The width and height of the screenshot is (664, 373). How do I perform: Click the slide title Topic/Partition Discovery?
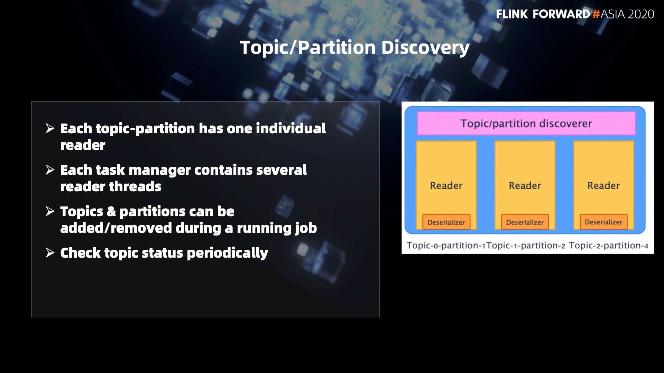coord(355,48)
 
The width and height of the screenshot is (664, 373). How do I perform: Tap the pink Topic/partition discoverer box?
coord(526,123)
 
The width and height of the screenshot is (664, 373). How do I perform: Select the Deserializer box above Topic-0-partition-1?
coord(446,222)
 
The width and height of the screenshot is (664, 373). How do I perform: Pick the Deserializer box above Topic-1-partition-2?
coord(525,222)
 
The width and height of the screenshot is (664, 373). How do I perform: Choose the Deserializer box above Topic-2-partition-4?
coord(603,222)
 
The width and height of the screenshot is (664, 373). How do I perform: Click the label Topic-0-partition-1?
coord(446,246)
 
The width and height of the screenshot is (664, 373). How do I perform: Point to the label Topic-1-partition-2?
coord(526,246)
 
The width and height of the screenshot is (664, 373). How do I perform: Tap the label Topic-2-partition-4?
coord(609,246)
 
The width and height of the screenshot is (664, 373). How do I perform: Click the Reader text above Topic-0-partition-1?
coord(446,185)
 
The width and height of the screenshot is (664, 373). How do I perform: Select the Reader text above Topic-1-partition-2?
coord(525,185)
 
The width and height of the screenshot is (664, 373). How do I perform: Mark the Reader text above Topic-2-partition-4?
coord(603,185)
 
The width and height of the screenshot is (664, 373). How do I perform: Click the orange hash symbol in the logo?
coord(596,14)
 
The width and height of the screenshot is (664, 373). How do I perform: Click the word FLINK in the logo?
coord(512,14)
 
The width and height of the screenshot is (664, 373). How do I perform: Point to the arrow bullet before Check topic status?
coord(50,253)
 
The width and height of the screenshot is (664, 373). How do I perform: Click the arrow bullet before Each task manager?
coord(50,170)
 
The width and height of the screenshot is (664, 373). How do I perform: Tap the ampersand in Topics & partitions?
coord(111,211)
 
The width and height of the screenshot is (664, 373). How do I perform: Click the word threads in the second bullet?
coord(135,186)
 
